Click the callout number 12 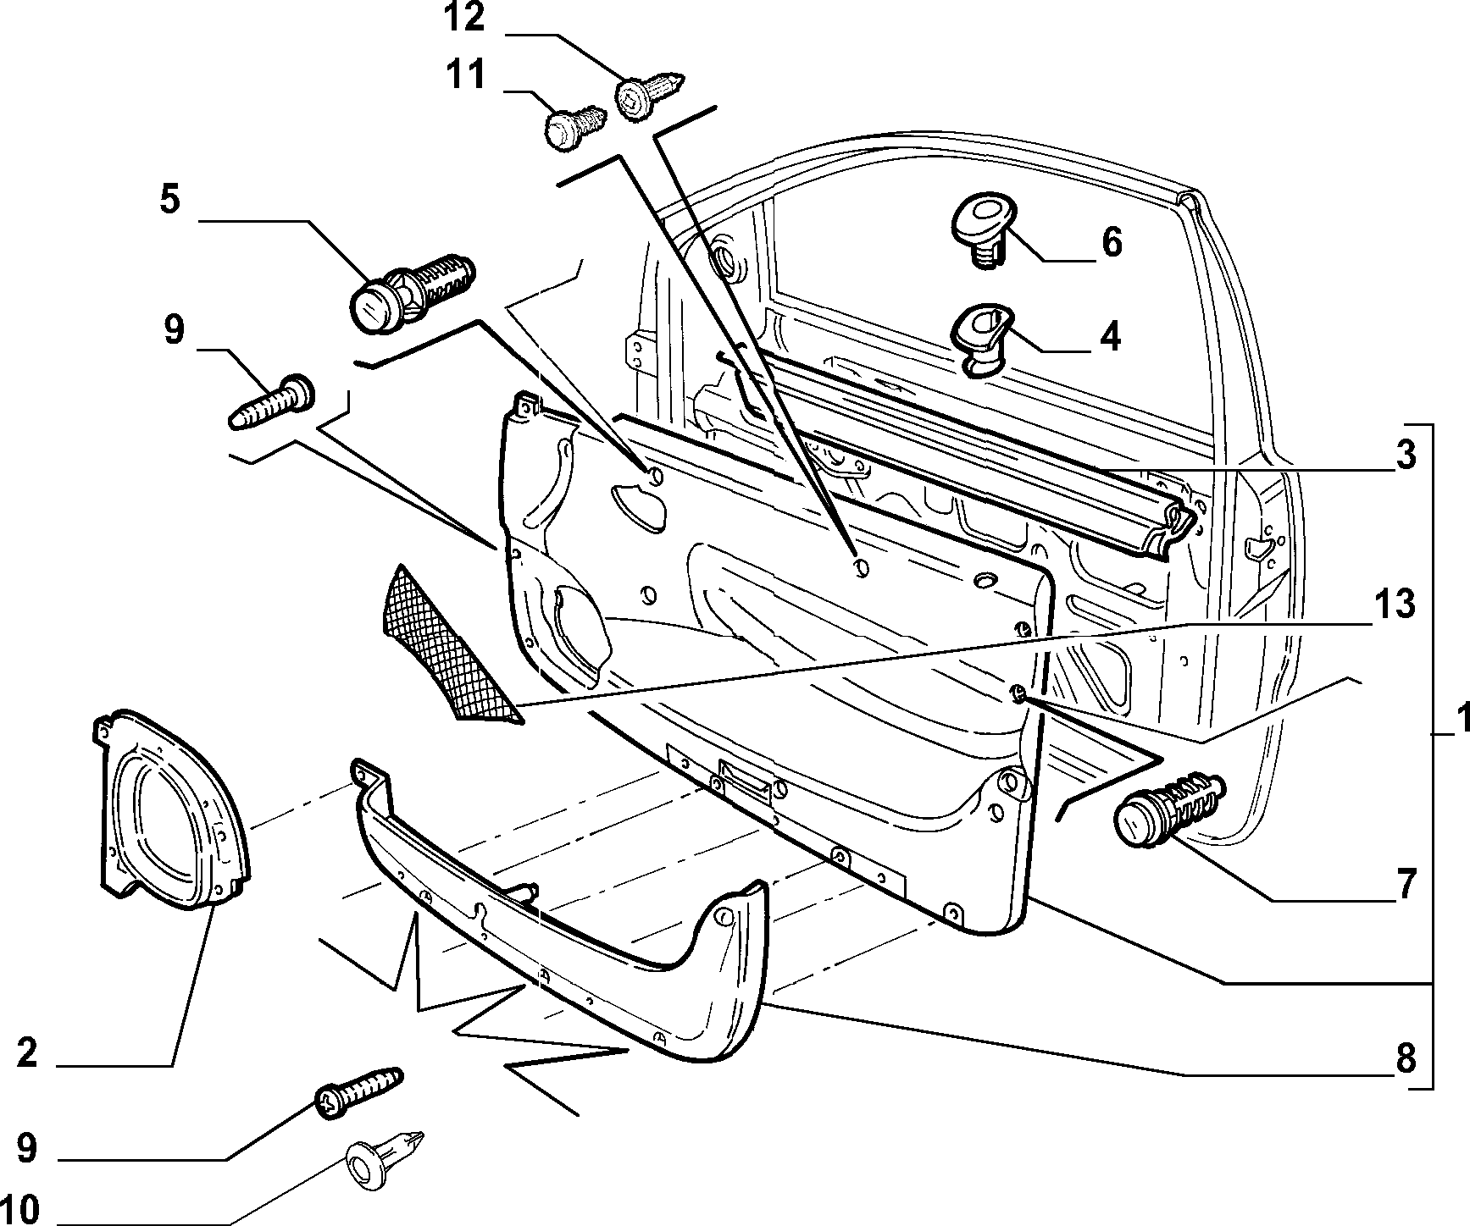coord(466,18)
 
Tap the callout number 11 coord(466,75)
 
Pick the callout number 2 coord(27,1053)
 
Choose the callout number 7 coord(1406,886)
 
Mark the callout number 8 coord(1406,1058)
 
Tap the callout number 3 coord(1406,456)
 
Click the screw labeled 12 coord(649,89)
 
